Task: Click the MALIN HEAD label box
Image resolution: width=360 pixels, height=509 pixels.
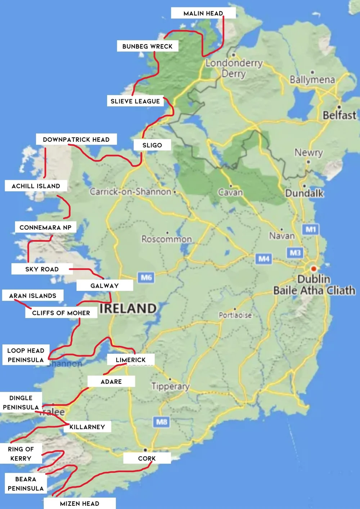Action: tap(203, 13)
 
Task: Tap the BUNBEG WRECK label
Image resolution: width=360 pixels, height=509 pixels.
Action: tap(147, 46)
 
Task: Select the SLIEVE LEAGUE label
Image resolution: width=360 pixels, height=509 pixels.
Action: tap(135, 101)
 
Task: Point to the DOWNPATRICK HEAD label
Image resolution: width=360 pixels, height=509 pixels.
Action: tap(76, 140)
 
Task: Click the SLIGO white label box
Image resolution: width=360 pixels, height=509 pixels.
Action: tap(152, 145)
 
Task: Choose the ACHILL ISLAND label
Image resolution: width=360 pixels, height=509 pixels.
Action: tap(36, 186)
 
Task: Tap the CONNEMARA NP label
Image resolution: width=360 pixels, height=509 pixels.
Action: tap(45, 228)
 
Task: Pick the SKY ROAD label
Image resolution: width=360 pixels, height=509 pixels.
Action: tap(42, 269)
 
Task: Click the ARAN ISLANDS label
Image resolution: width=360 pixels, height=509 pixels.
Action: tap(33, 296)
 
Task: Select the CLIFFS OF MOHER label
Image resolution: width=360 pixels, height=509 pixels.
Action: tap(61, 313)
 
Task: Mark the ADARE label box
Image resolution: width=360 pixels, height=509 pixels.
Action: tap(111, 382)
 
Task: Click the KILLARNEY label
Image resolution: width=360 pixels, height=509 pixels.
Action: tap(87, 427)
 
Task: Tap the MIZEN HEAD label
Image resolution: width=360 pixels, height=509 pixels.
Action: tap(80, 504)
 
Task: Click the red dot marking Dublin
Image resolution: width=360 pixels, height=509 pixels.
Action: tap(314, 269)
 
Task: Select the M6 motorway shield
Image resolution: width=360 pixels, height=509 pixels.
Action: tap(146, 277)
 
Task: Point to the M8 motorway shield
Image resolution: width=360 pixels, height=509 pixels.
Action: tap(162, 422)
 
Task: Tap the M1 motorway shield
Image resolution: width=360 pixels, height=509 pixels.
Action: tap(311, 229)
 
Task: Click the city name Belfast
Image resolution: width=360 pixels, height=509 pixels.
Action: tap(339, 115)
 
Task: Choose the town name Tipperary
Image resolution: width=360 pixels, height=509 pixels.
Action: tap(170, 386)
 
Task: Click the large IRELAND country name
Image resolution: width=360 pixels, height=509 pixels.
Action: tap(128, 309)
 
